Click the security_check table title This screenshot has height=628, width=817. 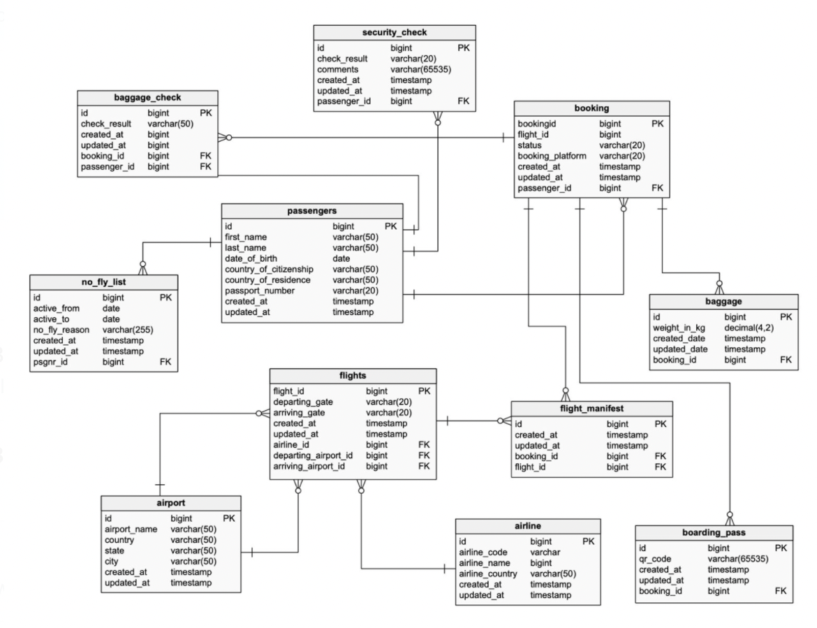click(x=395, y=32)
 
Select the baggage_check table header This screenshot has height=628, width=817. click(x=148, y=97)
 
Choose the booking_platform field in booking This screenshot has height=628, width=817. click(x=552, y=155)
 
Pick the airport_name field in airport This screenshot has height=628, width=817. click(x=131, y=530)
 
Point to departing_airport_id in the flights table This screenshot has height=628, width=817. click(x=313, y=455)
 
